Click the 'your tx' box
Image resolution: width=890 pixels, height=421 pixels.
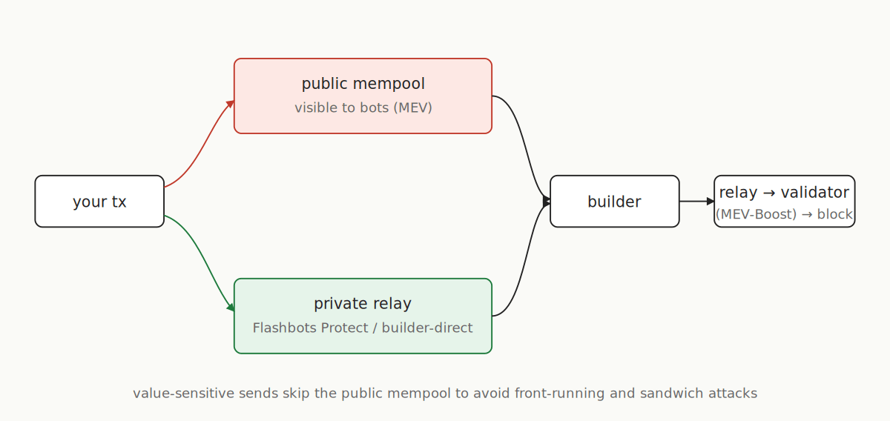(99, 202)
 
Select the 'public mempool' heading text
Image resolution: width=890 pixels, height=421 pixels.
(363, 84)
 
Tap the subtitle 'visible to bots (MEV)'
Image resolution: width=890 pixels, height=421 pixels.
(363, 107)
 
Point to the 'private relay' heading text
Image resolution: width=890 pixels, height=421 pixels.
(363, 303)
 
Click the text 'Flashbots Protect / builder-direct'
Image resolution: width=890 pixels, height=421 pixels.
(363, 328)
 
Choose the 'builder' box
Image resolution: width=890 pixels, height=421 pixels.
(614, 202)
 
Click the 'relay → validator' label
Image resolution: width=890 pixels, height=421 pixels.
(784, 193)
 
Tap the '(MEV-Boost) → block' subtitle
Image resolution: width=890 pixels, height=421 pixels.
(784, 214)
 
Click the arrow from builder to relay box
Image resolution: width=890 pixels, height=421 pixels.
(696, 201)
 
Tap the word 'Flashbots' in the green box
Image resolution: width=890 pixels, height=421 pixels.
(285, 328)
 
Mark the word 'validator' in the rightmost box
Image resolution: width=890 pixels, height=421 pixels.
(815, 193)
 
